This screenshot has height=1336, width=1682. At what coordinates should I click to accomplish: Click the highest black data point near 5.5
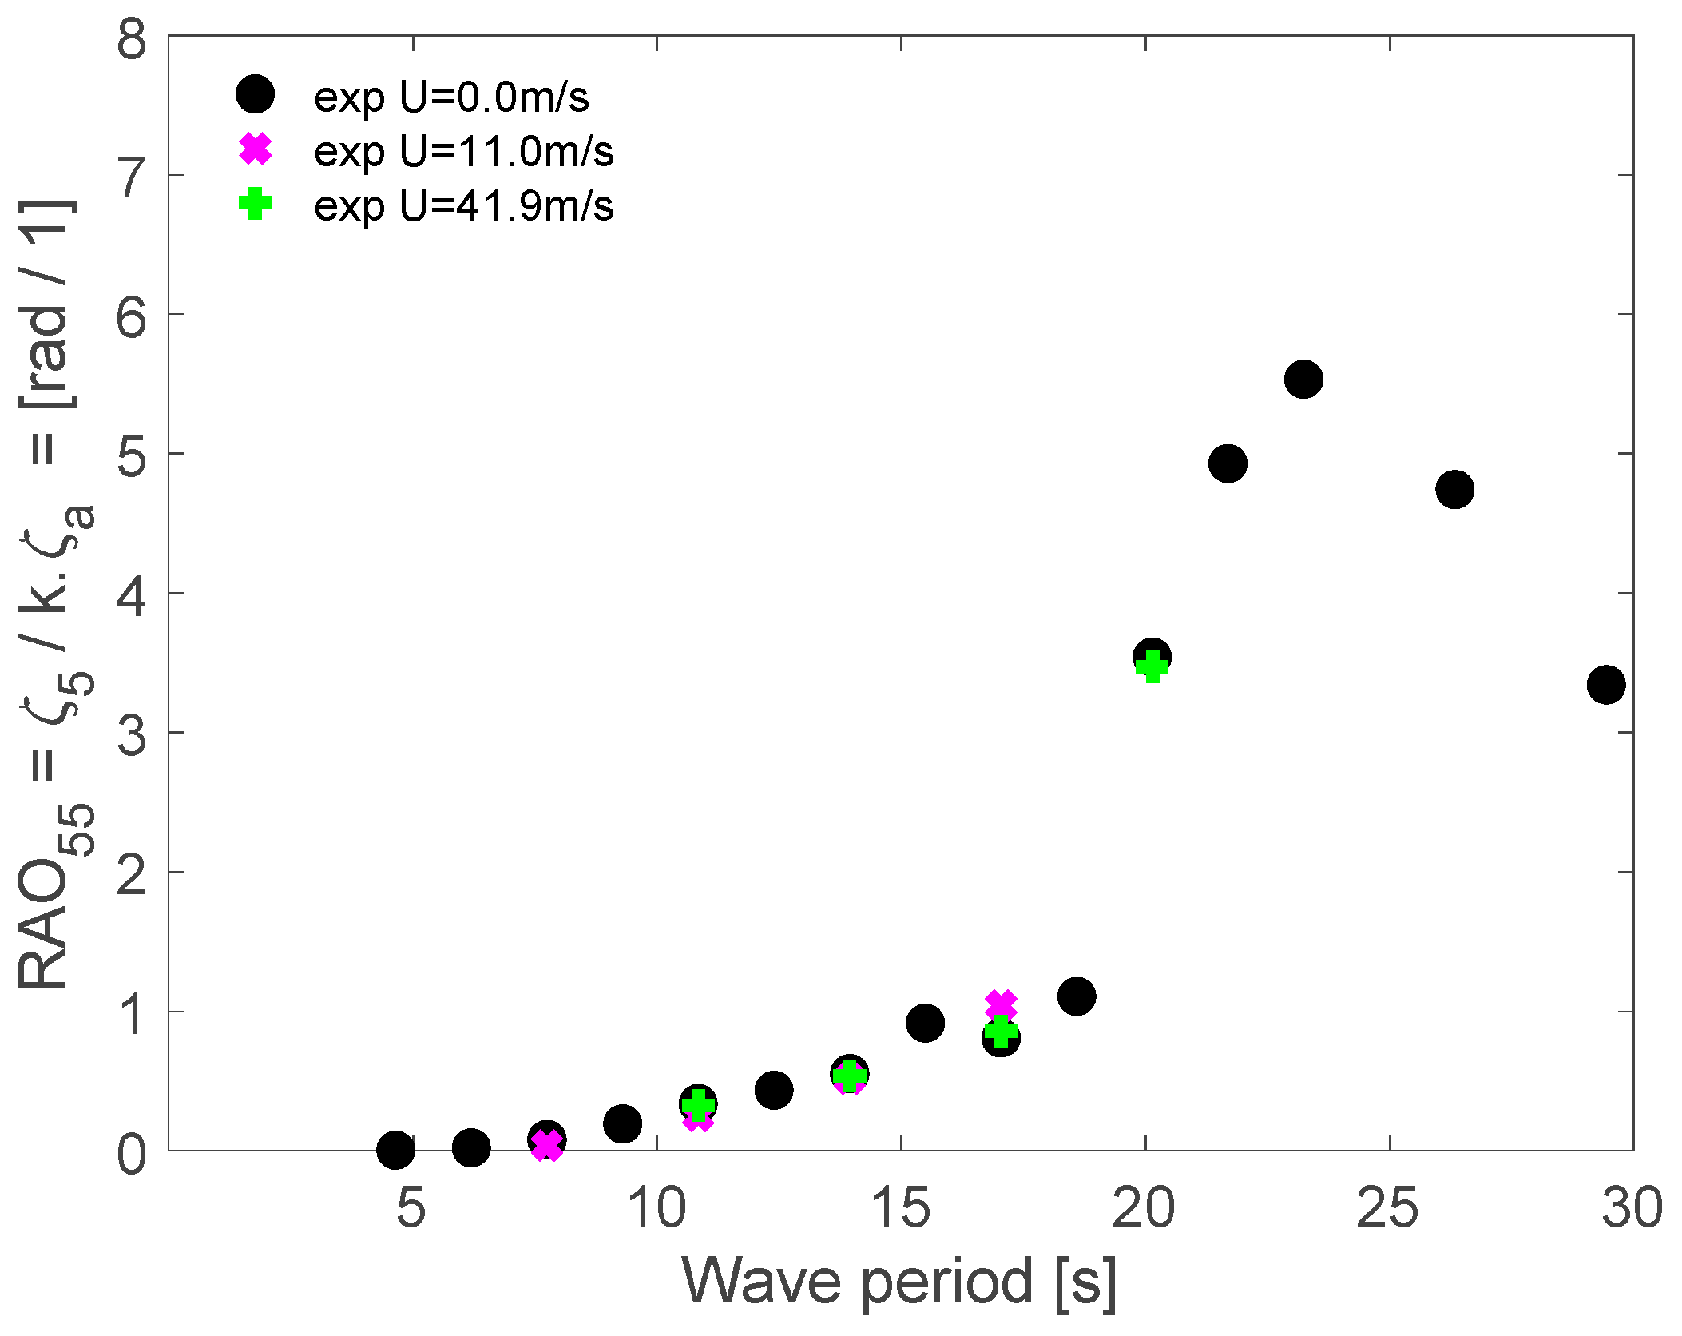[1303, 379]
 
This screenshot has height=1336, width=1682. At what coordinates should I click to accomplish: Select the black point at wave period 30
[1605, 684]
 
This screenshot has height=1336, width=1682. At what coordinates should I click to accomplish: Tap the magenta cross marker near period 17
[1000, 1004]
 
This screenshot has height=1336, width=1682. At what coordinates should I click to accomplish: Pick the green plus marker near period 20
[1152, 666]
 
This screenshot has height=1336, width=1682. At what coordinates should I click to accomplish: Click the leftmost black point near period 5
[395, 1151]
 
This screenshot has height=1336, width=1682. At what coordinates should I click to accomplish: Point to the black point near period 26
[1454, 489]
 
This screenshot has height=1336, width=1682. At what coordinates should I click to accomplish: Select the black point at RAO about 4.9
[1227, 463]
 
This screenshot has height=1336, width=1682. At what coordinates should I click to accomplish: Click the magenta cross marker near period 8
[546, 1145]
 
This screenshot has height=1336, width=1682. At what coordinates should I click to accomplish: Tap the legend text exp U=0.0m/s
[451, 97]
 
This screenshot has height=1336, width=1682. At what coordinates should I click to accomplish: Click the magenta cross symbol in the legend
[256, 149]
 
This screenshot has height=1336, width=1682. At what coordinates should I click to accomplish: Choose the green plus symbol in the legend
[256, 204]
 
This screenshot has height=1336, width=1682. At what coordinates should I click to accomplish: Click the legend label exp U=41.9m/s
[463, 206]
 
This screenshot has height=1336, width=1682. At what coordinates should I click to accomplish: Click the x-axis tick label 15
[901, 1207]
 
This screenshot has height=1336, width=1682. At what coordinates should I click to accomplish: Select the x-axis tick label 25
[1388, 1207]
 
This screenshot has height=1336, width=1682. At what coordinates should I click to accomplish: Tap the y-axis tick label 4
[132, 595]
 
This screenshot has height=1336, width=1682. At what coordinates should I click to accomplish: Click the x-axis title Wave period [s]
[899, 1282]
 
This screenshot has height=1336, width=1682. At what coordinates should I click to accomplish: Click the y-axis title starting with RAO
[56, 595]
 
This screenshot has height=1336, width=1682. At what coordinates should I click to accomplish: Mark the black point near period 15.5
[925, 1023]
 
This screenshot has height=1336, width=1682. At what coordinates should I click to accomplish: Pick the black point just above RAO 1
[1076, 996]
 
